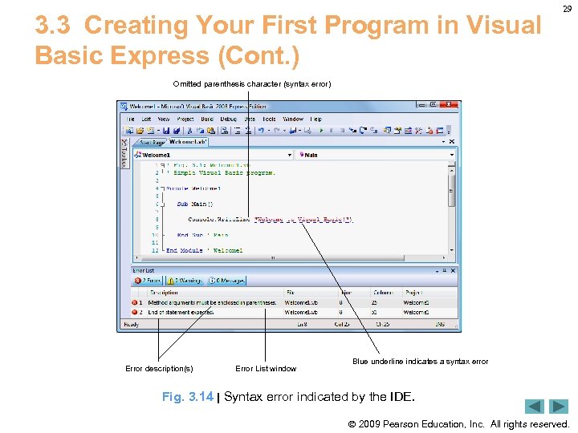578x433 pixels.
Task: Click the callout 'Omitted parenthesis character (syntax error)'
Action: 251,84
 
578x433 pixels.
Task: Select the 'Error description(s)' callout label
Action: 159,369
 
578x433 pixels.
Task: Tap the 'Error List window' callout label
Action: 266,369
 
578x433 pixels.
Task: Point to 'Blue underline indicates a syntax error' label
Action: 420,362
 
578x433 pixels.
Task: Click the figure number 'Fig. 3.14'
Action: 187,397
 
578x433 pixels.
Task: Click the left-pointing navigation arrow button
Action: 535,407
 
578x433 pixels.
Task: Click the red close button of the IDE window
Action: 453,105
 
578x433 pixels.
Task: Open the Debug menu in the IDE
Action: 228,119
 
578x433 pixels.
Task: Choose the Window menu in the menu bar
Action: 293,119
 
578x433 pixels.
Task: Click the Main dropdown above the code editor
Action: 376,155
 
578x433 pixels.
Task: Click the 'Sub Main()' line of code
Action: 191,204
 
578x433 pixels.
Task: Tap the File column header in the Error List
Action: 291,292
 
